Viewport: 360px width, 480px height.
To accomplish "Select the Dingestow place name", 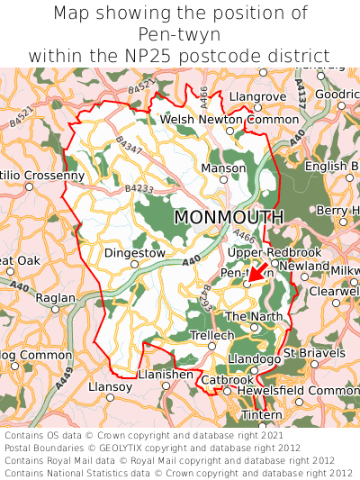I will pyautogui.click(x=135, y=253).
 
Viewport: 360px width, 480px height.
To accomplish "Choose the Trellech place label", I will pyautogui.click(x=212, y=335).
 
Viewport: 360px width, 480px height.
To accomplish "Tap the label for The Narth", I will pyautogui.click(x=253, y=316).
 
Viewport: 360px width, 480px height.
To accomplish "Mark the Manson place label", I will pyautogui.click(x=223, y=168).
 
